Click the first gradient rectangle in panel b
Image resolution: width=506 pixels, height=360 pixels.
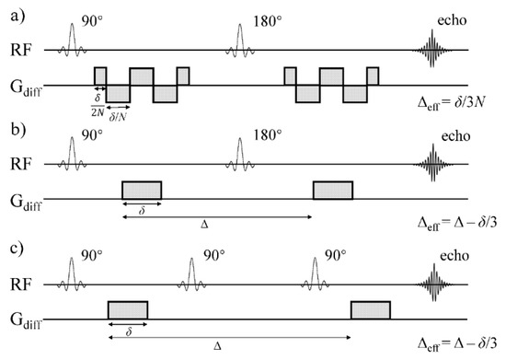(142, 190)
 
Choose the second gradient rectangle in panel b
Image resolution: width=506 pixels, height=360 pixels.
(332, 190)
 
